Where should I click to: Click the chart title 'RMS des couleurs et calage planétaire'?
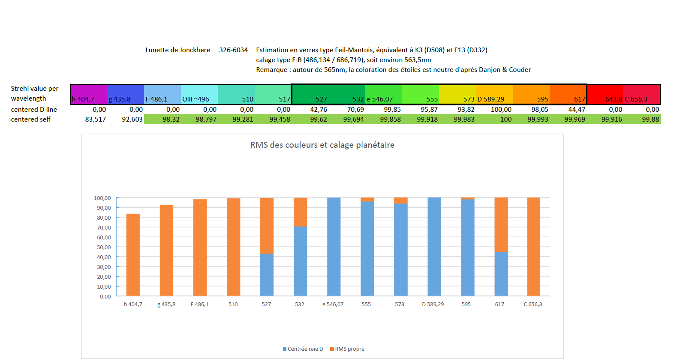tap(322, 145)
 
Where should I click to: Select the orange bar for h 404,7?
tap(133, 255)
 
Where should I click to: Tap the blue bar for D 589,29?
tap(434, 247)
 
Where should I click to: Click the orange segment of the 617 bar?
tap(501, 225)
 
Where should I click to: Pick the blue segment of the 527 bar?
tap(267, 275)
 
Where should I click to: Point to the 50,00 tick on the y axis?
tap(103, 248)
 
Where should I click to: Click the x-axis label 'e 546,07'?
tap(333, 304)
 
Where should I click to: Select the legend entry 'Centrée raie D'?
tap(303, 349)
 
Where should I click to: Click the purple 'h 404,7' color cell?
tap(88, 95)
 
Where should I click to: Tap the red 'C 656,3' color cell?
tap(641, 95)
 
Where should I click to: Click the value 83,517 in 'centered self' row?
tap(95, 119)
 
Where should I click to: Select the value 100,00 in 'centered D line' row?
tap(501, 110)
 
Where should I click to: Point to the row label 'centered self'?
tap(30, 119)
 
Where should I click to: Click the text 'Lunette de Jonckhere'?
tap(178, 50)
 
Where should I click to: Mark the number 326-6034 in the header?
tap(233, 50)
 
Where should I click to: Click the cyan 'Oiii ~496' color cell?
tap(199, 95)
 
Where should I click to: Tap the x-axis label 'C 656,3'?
tap(533, 304)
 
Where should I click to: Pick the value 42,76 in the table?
tap(319, 110)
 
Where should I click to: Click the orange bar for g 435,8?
tap(166, 251)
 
